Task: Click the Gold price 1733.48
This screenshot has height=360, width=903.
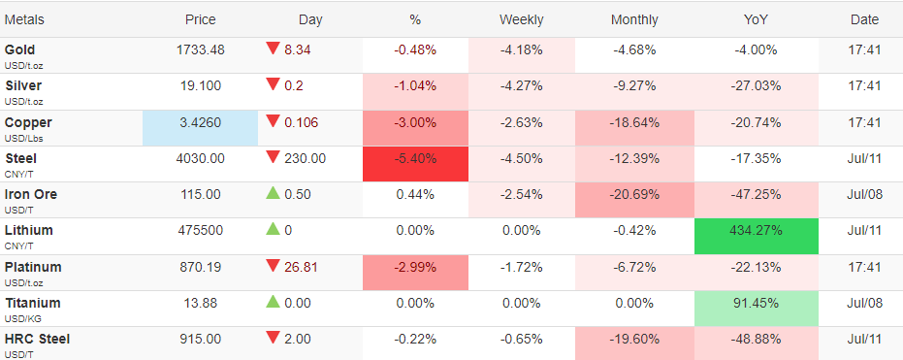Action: coord(201,50)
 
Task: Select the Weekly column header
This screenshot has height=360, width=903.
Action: coord(521,19)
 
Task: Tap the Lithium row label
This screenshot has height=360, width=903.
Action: coord(29,230)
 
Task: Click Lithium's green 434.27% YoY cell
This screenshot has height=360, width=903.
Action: coord(757,236)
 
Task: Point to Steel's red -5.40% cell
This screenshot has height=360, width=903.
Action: coord(415,164)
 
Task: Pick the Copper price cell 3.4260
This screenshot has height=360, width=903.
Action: coord(201,128)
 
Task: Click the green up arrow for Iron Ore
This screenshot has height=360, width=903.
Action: coord(273,193)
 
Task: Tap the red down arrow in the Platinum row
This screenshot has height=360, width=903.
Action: coord(273,266)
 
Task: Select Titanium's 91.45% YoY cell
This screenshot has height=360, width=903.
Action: coord(757,309)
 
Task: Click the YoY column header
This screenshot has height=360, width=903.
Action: coord(756,19)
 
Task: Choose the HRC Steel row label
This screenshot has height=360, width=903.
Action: coord(38,340)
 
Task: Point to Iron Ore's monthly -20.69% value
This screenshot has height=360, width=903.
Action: coord(634,195)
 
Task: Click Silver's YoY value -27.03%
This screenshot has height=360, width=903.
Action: coord(757,86)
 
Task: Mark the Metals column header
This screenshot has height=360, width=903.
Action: coord(24,19)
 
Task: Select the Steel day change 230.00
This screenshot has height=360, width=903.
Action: coord(306,158)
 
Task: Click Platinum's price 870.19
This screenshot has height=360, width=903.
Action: coord(201,267)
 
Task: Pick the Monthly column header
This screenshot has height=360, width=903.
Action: coord(634,19)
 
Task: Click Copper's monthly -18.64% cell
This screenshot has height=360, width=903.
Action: coord(634,128)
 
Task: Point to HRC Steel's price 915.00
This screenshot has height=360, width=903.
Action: coord(201,340)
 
